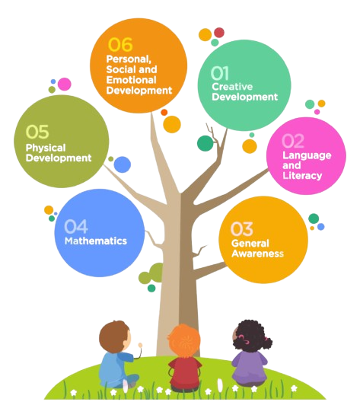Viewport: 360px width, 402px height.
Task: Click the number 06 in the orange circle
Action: (120, 45)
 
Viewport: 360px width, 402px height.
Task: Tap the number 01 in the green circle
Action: (220, 73)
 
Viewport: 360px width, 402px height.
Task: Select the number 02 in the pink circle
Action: (293, 141)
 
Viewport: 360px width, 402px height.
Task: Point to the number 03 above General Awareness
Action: (241, 229)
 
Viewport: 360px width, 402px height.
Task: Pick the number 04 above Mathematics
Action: (76, 227)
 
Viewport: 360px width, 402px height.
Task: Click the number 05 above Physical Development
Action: (37, 132)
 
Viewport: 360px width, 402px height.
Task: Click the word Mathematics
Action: (96, 241)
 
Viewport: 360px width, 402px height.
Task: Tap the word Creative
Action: (232, 87)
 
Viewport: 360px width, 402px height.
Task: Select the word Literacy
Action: (302, 176)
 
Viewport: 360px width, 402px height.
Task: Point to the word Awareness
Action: (257, 254)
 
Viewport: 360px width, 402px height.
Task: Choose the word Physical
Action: (46, 148)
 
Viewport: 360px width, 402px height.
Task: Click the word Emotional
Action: (131, 80)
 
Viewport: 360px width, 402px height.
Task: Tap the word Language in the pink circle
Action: (307, 155)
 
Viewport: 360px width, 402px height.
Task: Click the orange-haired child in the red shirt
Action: (184, 358)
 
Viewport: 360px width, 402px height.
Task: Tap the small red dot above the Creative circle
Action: (219, 33)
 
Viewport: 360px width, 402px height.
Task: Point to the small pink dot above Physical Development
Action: (64, 84)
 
